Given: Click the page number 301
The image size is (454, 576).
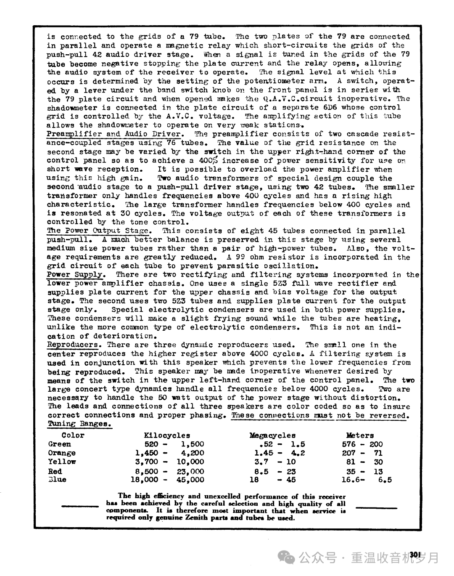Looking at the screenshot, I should click(x=415, y=555).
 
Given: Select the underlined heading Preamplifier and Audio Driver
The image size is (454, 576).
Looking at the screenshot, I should click(x=115, y=134).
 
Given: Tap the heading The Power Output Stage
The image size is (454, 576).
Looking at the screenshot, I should click(x=98, y=231).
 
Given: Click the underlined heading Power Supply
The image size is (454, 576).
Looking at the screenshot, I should click(x=75, y=274).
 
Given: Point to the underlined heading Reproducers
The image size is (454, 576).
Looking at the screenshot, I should click(x=73, y=345).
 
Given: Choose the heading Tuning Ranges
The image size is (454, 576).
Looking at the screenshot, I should click(x=79, y=424).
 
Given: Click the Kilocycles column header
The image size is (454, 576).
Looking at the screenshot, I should click(x=167, y=435).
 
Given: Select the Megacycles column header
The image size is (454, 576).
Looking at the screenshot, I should click(x=272, y=435).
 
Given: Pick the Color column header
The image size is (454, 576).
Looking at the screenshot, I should click(x=73, y=435).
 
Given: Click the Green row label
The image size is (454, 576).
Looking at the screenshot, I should click(x=60, y=444).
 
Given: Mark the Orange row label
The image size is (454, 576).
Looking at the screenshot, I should click(x=62, y=453).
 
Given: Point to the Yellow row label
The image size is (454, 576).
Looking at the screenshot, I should click(x=62, y=462).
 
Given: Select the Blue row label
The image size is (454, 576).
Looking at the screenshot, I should click(x=57, y=480).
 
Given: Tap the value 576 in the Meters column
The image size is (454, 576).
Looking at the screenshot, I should click(x=351, y=444).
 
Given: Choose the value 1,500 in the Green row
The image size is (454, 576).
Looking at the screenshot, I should click(x=193, y=444).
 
